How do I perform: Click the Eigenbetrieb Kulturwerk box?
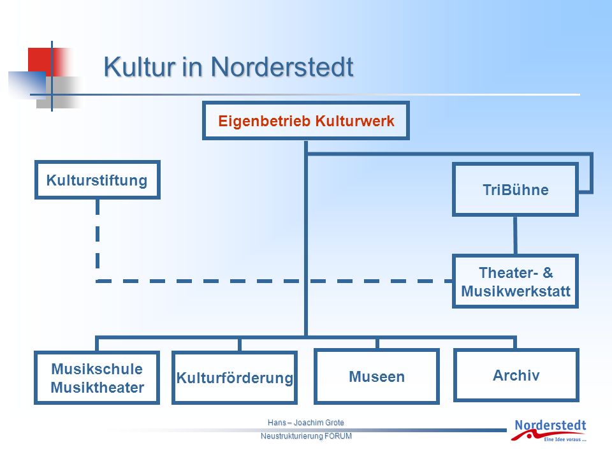pos(305,120)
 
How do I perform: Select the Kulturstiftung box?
pos(97,180)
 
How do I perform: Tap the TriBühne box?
pos(515,189)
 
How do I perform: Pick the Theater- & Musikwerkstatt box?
pos(515,281)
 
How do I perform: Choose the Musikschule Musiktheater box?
pos(97,378)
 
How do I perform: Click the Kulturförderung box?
pos(235,378)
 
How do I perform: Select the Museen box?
pos(377,376)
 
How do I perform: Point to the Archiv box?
pos(516,375)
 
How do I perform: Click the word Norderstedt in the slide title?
pos(282,67)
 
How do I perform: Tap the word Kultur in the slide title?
pos(140,67)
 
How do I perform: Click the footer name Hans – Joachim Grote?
pos(305,422)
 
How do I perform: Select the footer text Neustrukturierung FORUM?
pos(306,436)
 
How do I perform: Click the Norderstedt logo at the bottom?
pos(549,430)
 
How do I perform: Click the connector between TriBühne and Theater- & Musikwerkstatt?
pos(515,235)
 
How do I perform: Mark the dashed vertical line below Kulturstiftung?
pos(98,240)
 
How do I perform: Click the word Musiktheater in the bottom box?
pos(97,388)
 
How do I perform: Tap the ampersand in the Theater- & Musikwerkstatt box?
pos(548,272)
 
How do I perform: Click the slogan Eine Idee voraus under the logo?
pos(565,439)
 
